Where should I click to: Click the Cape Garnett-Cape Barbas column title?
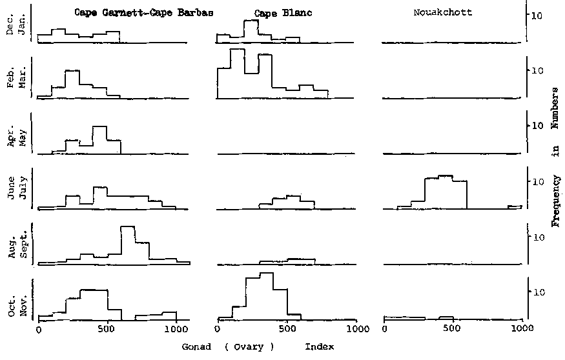point(143,12)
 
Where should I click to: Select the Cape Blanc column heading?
point(274,13)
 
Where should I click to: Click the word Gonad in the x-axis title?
point(196,346)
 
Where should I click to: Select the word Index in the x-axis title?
point(319,346)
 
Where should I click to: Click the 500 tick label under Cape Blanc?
point(286,329)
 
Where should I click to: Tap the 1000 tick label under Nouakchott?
point(520,329)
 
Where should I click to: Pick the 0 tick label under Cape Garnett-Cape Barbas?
point(38,329)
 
